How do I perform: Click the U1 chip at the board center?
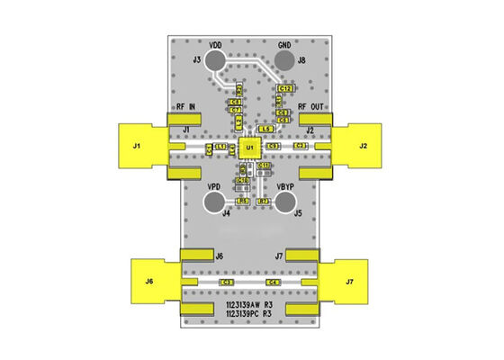point(250,146)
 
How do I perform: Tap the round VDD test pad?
point(216,61)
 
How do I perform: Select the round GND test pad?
point(284,61)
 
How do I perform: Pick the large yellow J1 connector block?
point(140,146)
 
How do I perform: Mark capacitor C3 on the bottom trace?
point(227,283)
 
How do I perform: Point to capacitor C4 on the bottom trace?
point(272,283)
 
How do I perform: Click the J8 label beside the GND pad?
point(301,61)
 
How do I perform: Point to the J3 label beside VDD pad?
point(197,60)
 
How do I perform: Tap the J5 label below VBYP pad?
point(298,214)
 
